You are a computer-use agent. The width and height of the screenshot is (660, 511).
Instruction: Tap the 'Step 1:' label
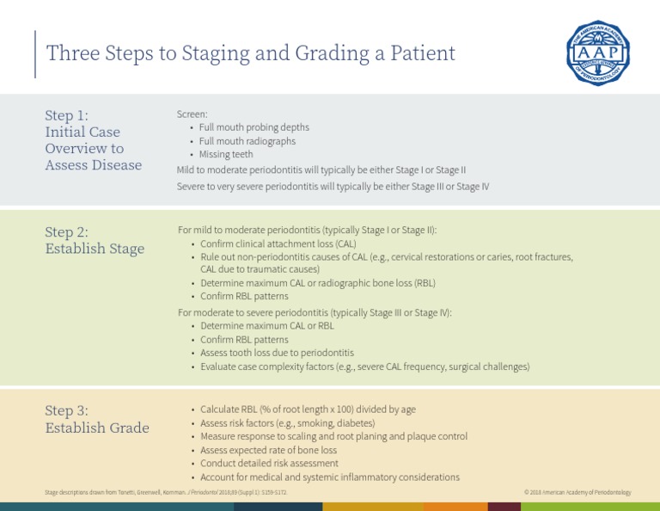click(66, 115)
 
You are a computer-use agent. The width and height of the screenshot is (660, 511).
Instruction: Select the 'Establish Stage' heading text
click(95, 249)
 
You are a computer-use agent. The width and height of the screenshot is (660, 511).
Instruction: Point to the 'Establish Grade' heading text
click(97, 428)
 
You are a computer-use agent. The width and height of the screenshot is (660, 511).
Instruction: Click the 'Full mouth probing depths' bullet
click(254, 127)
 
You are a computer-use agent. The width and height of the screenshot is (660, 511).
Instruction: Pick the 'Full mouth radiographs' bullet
click(247, 141)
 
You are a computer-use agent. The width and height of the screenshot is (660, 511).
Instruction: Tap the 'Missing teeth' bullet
click(226, 155)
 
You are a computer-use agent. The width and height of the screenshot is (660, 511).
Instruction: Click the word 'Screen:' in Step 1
click(192, 114)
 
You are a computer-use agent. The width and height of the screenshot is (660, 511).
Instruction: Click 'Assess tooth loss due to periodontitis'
click(277, 353)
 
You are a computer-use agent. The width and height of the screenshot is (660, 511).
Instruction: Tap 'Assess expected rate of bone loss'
click(268, 450)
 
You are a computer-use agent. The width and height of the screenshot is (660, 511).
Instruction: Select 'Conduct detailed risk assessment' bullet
click(269, 464)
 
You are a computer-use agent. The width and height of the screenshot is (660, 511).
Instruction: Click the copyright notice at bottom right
click(577, 492)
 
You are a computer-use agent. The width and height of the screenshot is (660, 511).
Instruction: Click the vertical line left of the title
click(35, 53)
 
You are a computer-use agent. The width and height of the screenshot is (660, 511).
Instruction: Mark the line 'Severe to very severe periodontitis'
click(333, 186)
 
